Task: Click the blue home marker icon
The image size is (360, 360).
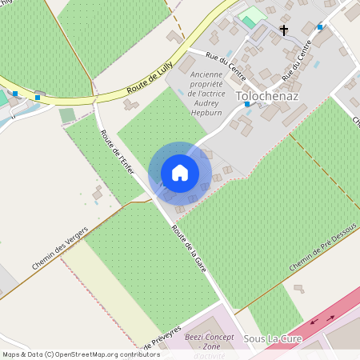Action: point(180,173)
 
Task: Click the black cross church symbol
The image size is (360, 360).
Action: point(283,30)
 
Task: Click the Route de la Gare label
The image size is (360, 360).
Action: point(189,249)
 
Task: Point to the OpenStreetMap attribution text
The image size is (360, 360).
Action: point(81,354)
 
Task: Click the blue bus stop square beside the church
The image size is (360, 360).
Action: point(319,27)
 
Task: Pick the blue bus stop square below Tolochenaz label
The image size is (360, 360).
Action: point(247,104)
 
